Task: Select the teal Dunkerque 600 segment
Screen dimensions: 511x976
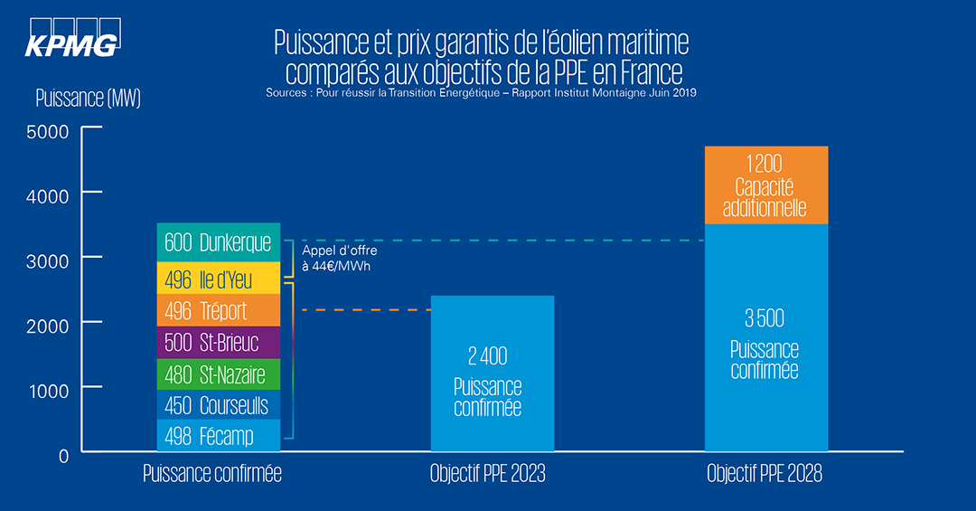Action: pos(206,242)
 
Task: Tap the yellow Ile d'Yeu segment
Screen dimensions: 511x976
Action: pos(206,279)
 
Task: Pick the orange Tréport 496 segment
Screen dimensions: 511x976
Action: pos(206,310)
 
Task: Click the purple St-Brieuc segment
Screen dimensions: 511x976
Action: pos(206,342)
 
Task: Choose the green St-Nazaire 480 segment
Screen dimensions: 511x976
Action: pos(206,374)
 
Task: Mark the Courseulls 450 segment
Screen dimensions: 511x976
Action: pos(206,405)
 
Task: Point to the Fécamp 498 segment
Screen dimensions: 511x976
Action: pos(206,436)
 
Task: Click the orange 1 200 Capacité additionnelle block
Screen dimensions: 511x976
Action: pos(765,185)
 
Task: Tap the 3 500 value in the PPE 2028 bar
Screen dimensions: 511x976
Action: pos(765,317)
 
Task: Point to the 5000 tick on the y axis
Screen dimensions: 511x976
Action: pos(51,131)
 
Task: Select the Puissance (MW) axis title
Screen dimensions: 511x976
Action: pos(88,98)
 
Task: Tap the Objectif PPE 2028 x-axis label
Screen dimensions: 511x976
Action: pos(765,473)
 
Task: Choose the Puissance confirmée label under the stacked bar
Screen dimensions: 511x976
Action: pos(212,473)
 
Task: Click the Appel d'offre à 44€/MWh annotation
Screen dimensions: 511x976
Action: pos(339,258)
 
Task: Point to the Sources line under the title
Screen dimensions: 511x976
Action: pos(481,92)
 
